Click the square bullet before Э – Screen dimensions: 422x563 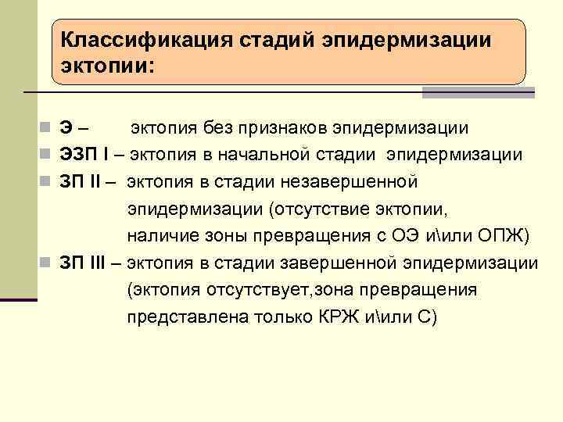[49, 128]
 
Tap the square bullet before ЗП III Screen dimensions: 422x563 [49, 263]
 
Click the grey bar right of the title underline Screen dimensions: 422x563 [478, 93]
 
